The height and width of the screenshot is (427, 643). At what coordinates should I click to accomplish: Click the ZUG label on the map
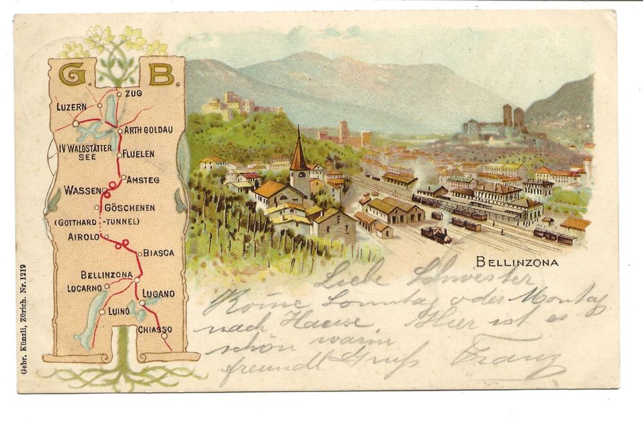(x=133, y=93)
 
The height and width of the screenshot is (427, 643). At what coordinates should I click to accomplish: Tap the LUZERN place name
(x=71, y=106)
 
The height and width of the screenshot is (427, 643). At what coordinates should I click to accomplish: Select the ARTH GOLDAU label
(x=148, y=130)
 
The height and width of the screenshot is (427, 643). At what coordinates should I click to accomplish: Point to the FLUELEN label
(x=138, y=154)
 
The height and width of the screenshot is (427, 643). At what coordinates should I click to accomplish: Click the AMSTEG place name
(x=142, y=179)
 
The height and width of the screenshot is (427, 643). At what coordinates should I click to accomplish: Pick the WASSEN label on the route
(x=82, y=190)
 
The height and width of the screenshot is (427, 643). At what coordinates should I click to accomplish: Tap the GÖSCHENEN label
(x=129, y=208)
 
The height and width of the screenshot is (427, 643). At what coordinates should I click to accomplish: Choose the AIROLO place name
(x=84, y=237)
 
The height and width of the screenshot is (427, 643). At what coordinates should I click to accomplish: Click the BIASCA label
(x=158, y=253)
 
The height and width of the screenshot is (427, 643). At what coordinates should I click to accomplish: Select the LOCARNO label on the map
(x=85, y=288)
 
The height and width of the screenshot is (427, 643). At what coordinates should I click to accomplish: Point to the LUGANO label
(x=158, y=294)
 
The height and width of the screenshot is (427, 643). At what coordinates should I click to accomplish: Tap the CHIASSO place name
(x=154, y=330)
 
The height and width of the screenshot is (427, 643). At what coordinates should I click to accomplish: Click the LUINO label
(x=119, y=311)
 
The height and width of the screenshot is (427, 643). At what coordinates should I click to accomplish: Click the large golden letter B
(x=161, y=75)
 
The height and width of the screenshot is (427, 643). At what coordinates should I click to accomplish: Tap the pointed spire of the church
(x=298, y=152)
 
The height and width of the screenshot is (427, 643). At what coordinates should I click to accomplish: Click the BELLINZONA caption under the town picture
(x=517, y=262)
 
